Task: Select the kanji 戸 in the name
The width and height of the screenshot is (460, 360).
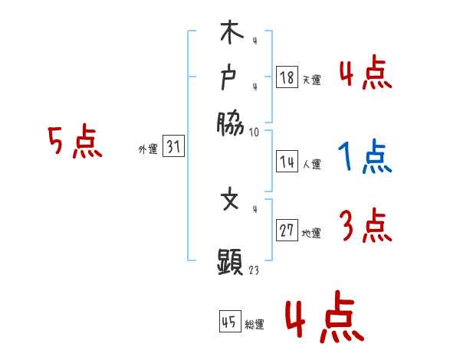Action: [x=231, y=78]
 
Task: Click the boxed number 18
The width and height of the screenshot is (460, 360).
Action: [x=286, y=77]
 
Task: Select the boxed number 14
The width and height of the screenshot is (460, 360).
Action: [x=286, y=162]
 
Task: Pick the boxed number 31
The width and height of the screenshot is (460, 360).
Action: [x=173, y=148]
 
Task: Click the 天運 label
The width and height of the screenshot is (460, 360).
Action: [x=311, y=80]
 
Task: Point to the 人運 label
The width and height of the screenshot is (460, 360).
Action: [x=311, y=164]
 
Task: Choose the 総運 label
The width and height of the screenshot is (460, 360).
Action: [x=255, y=324]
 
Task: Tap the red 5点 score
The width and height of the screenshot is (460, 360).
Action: [x=74, y=142]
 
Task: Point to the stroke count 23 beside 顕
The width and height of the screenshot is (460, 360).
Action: [x=254, y=270]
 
